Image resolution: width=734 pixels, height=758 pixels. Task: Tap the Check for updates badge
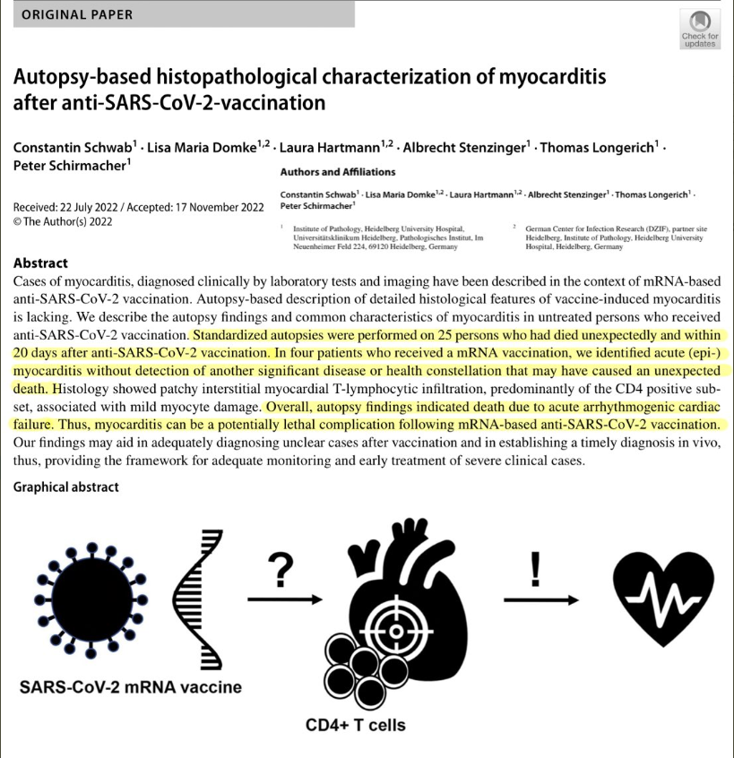[700, 30]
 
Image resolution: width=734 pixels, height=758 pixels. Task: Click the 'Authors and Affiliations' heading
[338, 172]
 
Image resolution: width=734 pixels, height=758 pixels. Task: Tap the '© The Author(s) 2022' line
[63, 221]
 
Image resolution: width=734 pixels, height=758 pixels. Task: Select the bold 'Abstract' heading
[40, 263]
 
